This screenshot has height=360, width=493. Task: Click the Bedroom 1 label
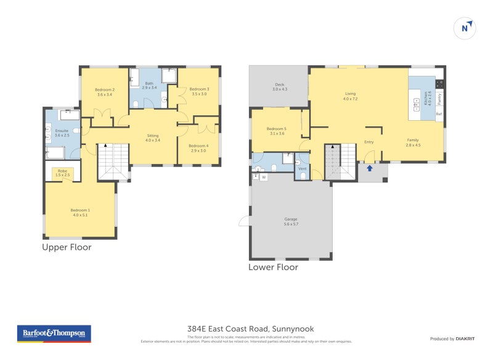(x=80, y=213)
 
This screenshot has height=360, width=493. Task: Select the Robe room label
(x=62, y=173)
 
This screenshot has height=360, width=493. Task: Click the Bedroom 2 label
(x=105, y=92)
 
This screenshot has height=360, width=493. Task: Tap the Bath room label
(x=149, y=86)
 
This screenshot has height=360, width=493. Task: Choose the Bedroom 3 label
(x=199, y=91)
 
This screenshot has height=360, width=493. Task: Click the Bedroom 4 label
(x=198, y=148)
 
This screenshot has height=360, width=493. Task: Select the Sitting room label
(x=153, y=137)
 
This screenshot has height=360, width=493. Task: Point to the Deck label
(x=280, y=87)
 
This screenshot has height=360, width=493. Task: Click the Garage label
(x=291, y=221)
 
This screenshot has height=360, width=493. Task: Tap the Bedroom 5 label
(x=277, y=131)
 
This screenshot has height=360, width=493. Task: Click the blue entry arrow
(x=369, y=168)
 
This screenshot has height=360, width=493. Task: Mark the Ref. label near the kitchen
(x=439, y=114)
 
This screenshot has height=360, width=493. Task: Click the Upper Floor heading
(x=67, y=247)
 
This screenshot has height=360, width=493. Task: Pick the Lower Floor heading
(x=273, y=268)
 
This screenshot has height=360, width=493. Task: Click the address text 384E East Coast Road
(x=250, y=329)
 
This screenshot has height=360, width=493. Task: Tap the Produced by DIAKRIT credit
(x=451, y=339)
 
